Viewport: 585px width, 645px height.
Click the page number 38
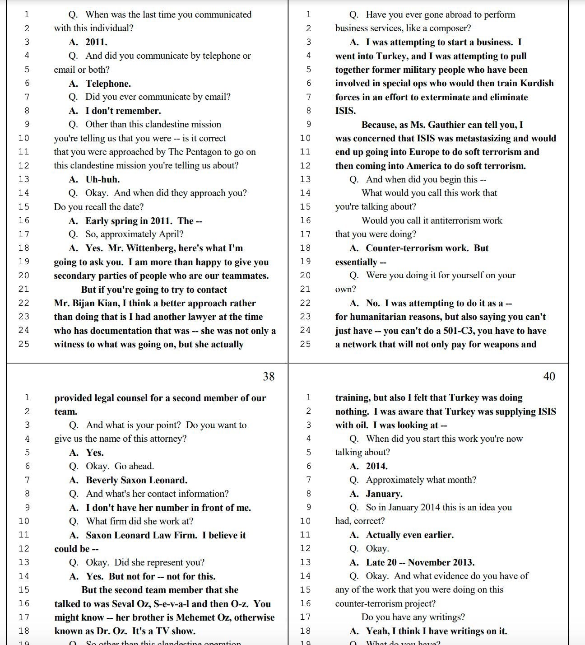pyautogui.click(x=269, y=376)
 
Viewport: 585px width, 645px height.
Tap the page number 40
pyautogui.click(x=549, y=376)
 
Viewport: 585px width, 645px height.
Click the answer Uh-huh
pyautogui.click(x=102, y=179)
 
